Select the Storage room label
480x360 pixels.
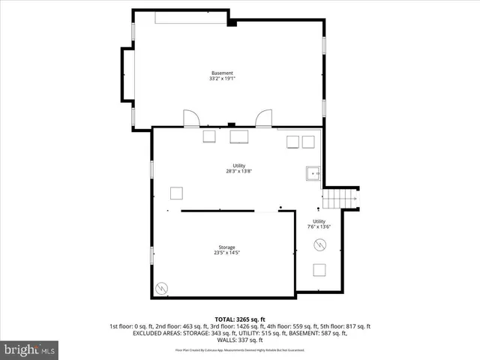pyautogui.click(x=226, y=247)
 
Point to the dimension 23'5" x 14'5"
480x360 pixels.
pyautogui.click(x=226, y=253)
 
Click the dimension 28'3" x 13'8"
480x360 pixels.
pyautogui.click(x=238, y=171)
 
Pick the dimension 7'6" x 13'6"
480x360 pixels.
pyautogui.click(x=319, y=226)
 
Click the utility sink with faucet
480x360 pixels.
pyautogui.click(x=312, y=174)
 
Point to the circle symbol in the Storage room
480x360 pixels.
pyautogui.click(x=161, y=288)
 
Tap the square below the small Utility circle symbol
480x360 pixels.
pyautogui.click(x=319, y=271)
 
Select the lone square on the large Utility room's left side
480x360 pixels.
pyautogui.click(x=177, y=193)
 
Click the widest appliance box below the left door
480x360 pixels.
pyautogui.click(x=239, y=136)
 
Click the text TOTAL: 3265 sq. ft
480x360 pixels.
pyautogui.click(x=239, y=319)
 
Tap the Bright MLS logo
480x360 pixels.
pyautogui.click(x=30, y=349)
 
